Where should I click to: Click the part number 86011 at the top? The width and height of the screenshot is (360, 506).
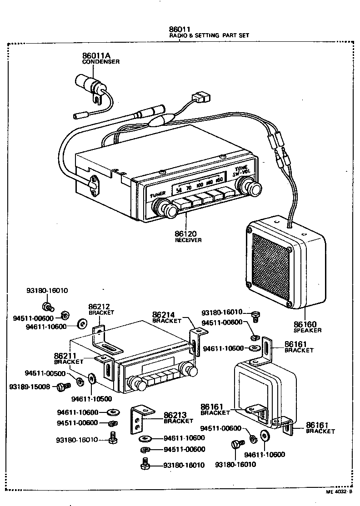tap(180, 29)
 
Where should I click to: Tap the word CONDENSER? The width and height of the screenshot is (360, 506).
tap(101, 62)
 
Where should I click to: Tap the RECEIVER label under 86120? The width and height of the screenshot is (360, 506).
tap(188, 240)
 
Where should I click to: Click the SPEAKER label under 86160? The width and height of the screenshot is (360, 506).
tap(307, 331)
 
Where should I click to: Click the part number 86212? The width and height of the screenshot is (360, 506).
tap(99, 307)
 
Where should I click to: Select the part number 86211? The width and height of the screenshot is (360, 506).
tap(65, 356)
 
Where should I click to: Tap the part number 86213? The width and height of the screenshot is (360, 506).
tap(175, 415)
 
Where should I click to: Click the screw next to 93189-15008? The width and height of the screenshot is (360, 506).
tap(63, 387)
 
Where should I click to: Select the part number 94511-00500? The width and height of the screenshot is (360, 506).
tap(45, 373)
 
